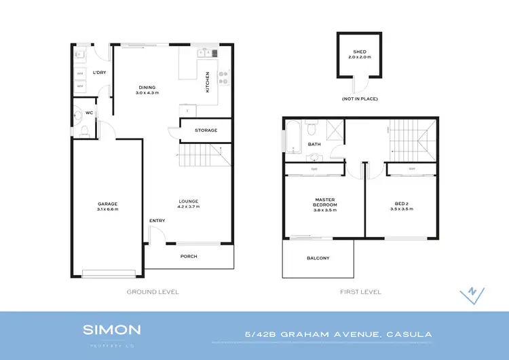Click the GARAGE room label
coord(107,204)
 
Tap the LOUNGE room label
coord(188,201)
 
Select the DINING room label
coord(147,88)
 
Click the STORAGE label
coord(206,130)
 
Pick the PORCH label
coord(189,256)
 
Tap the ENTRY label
coord(157,221)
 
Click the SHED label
coord(360,52)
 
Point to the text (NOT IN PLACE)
coord(360,99)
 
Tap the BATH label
coord(314,144)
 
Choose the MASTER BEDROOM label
coord(325,202)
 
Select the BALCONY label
coord(318,258)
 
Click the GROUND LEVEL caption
coord(153,291)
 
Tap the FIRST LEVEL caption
coord(360,291)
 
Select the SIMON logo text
coord(112,330)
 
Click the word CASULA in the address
coord(409,334)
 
